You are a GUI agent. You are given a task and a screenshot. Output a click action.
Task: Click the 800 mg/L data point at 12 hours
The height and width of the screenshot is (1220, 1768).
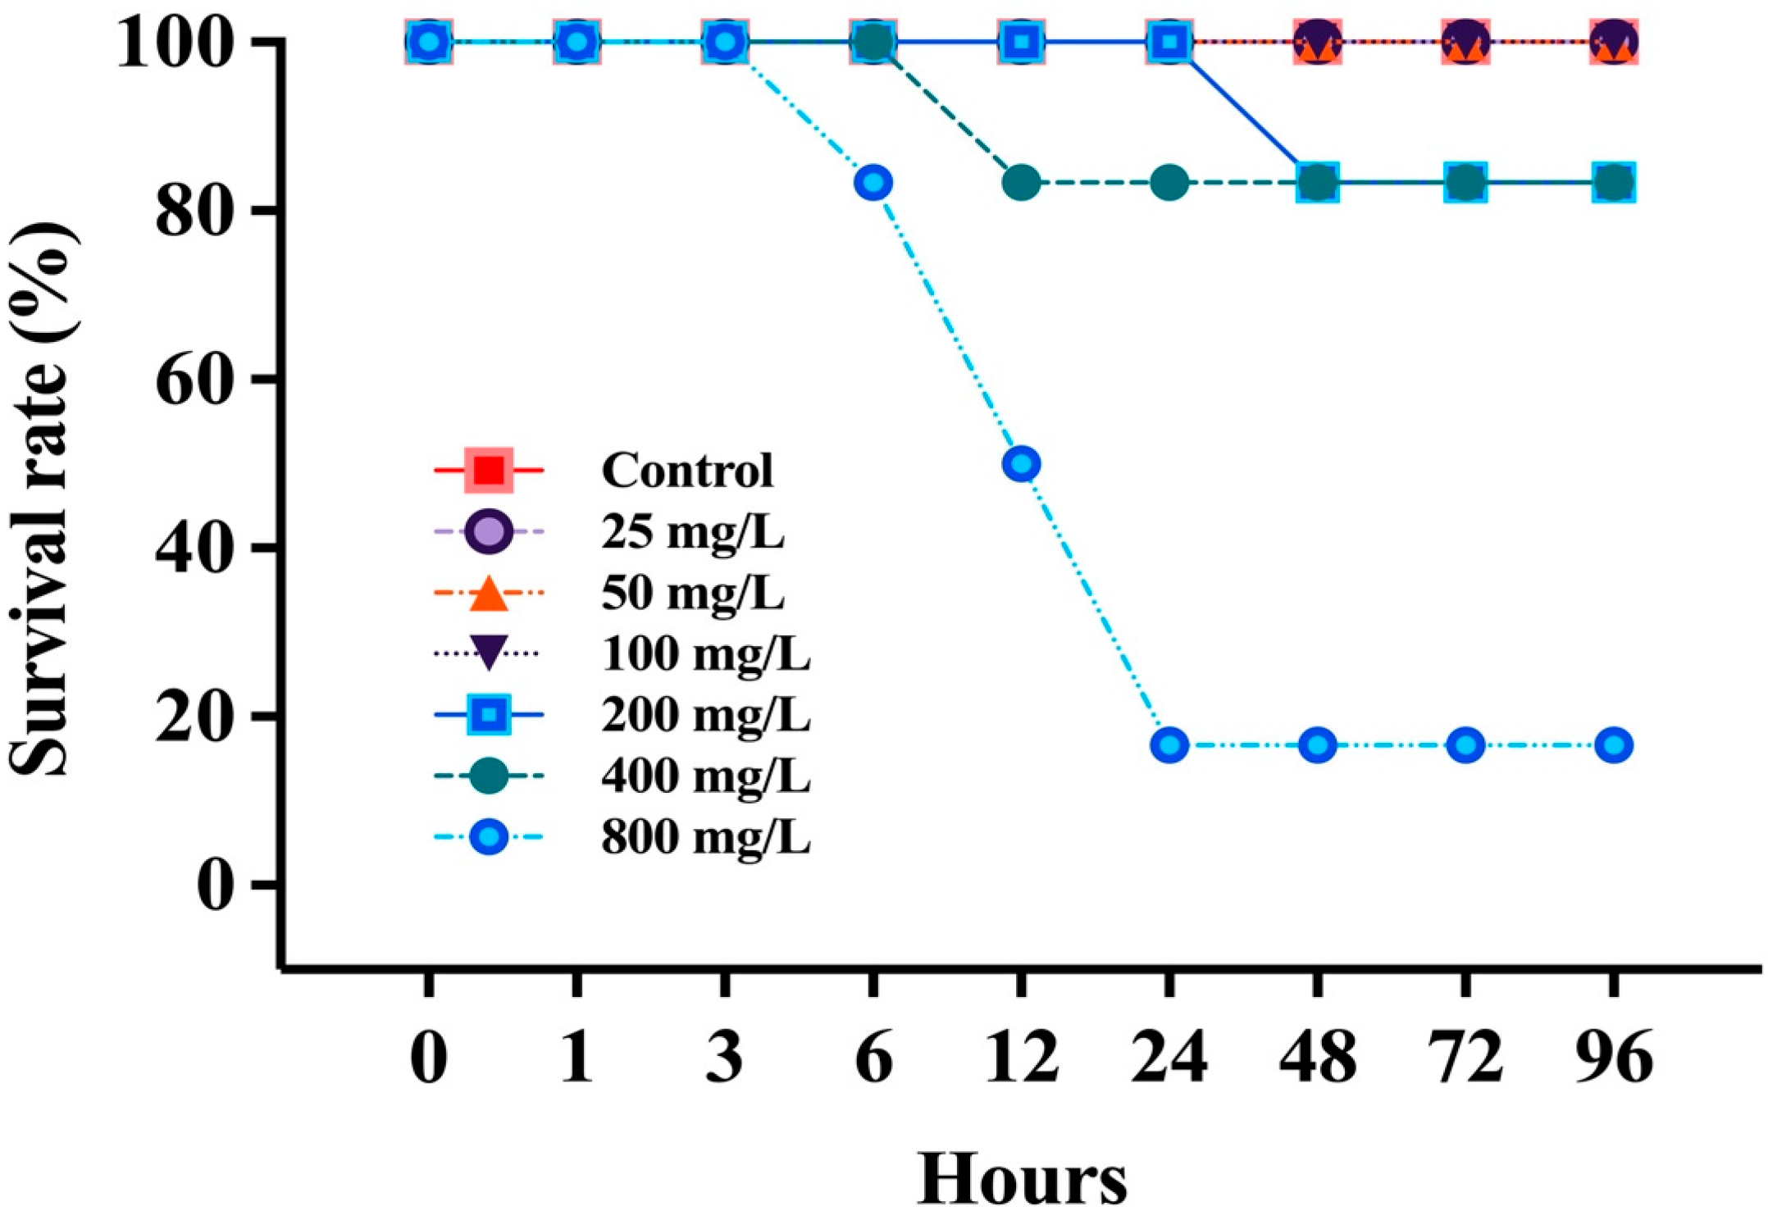pyautogui.click(x=1021, y=464)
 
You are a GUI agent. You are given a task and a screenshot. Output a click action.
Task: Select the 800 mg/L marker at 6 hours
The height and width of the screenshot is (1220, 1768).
pyautogui.click(x=873, y=182)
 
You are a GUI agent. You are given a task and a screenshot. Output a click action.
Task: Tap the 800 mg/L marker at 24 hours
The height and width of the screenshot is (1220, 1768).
pyautogui.click(x=1169, y=745)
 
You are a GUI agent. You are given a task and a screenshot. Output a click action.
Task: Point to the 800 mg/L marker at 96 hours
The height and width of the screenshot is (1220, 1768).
pyautogui.click(x=1614, y=745)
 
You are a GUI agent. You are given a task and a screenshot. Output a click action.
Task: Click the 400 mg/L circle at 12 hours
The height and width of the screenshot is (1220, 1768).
pyautogui.click(x=1021, y=182)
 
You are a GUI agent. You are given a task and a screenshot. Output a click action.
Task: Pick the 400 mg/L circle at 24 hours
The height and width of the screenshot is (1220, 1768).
pyautogui.click(x=1169, y=182)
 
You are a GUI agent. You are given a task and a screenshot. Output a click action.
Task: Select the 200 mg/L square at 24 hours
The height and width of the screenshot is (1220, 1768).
pyautogui.click(x=1169, y=41)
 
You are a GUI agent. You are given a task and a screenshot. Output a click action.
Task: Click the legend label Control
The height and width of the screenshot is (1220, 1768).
pyautogui.click(x=686, y=470)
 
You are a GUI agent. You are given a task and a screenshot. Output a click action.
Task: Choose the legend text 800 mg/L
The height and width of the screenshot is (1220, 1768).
pyautogui.click(x=705, y=837)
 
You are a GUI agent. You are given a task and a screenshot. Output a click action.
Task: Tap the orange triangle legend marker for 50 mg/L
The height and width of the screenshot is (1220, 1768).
pyautogui.click(x=489, y=594)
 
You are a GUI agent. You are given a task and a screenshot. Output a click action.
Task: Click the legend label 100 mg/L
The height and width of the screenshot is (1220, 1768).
pyautogui.click(x=705, y=653)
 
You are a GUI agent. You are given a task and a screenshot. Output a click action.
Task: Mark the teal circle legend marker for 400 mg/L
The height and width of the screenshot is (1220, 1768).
pyautogui.click(x=489, y=776)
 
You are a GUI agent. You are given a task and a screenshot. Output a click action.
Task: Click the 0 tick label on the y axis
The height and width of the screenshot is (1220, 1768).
pyautogui.click(x=215, y=885)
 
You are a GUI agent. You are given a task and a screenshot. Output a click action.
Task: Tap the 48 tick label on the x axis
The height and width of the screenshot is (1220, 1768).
pyautogui.click(x=1317, y=1057)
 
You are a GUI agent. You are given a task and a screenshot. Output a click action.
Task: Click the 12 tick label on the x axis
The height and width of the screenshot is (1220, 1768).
pyautogui.click(x=1021, y=1057)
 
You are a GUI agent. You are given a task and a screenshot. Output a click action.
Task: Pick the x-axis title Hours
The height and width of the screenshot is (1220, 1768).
pyautogui.click(x=1021, y=1179)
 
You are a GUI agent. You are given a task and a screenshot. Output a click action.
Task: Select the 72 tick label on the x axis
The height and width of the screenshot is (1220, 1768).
pyautogui.click(x=1465, y=1057)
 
